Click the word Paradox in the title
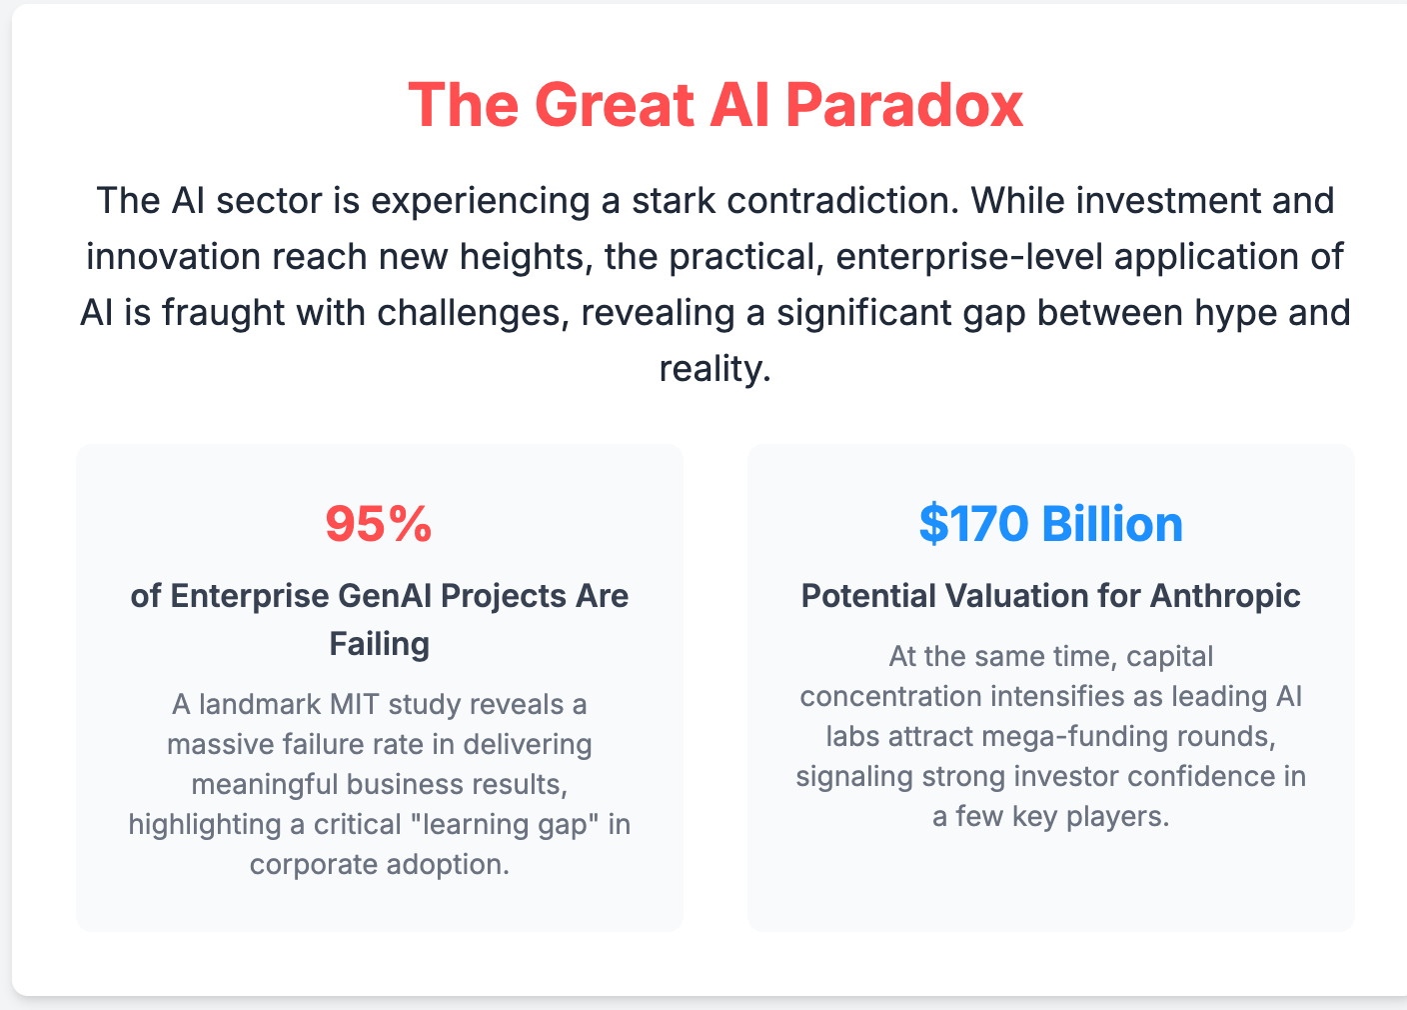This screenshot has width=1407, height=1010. [x=904, y=104]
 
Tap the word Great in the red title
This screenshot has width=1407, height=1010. [x=616, y=104]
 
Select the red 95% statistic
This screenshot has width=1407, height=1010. [x=379, y=524]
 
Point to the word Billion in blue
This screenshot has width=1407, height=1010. [x=1112, y=524]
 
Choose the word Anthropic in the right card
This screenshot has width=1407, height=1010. [x=1225, y=596]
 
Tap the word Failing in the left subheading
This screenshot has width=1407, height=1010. [x=380, y=643]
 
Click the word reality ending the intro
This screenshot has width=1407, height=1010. [x=712, y=369]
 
